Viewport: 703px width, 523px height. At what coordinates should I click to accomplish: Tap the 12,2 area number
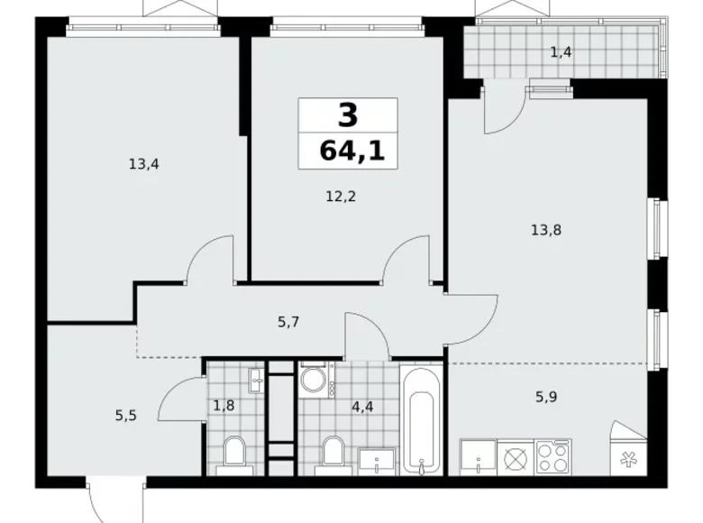tap(340, 196)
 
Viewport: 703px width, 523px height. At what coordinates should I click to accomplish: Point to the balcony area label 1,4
tap(561, 52)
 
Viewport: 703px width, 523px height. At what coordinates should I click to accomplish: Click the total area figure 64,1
tap(351, 150)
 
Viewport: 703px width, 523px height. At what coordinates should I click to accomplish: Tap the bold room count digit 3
tap(348, 115)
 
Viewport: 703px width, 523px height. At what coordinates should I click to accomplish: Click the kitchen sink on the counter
tap(475, 457)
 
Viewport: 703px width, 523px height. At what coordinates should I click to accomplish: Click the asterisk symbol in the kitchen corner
tap(628, 457)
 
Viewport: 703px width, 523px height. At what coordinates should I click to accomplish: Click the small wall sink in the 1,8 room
tap(256, 375)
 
